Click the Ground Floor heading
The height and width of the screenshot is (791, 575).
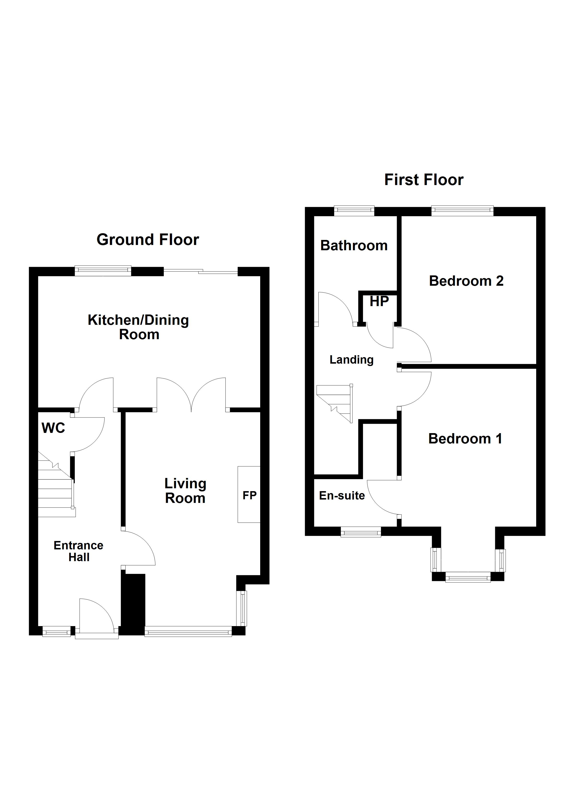tap(148, 240)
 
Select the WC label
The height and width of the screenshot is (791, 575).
tap(53, 428)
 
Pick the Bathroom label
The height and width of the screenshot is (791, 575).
tap(354, 245)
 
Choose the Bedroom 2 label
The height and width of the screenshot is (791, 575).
tap(466, 281)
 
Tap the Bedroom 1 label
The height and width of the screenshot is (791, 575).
tap(465, 438)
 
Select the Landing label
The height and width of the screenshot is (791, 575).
tap(351, 360)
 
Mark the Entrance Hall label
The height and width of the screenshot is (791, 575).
tap(78, 551)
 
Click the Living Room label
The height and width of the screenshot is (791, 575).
tap(185, 491)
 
